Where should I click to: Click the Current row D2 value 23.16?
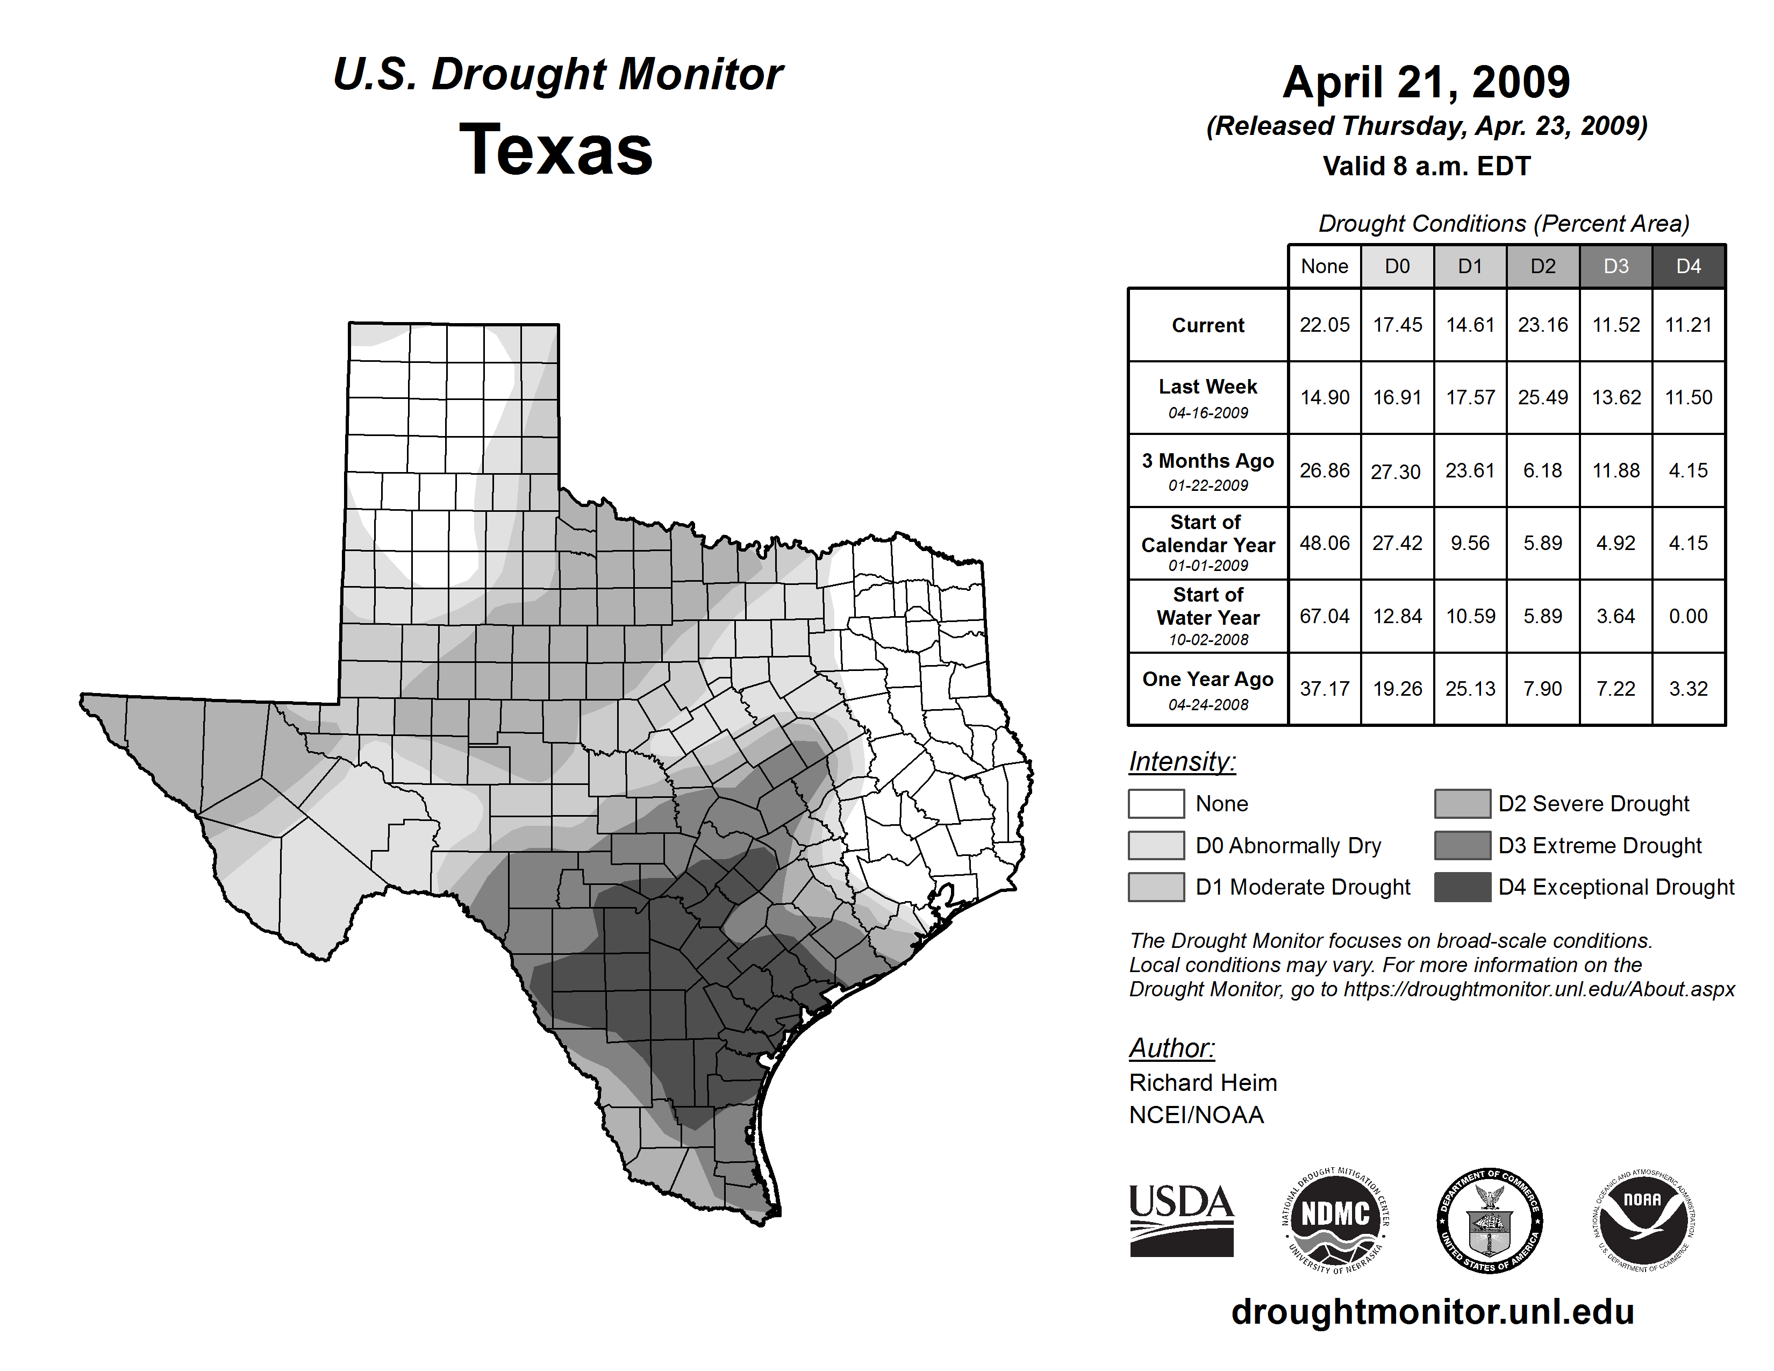(x=1542, y=325)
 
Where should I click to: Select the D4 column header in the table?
(x=1688, y=266)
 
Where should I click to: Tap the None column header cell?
(x=1324, y=266)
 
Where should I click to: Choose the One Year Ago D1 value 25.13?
(x=1469, y=689)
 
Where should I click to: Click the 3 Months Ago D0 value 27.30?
(x=1396, y=471)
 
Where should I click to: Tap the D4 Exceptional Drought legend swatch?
(x=1462, y=887)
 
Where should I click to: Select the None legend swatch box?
(x=1156, y=803)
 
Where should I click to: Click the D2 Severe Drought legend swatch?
(x=1462, y=803)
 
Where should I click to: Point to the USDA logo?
(x=1181, y=1220)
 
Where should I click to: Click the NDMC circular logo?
(x=1335, y=1220)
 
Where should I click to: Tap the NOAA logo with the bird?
(x=1642, y=1220)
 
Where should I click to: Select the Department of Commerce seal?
(x=1489, y=1220)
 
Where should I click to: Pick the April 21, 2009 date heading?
(x=1426, y=82)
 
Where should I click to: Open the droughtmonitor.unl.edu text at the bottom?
(x=1433, y=1312)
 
